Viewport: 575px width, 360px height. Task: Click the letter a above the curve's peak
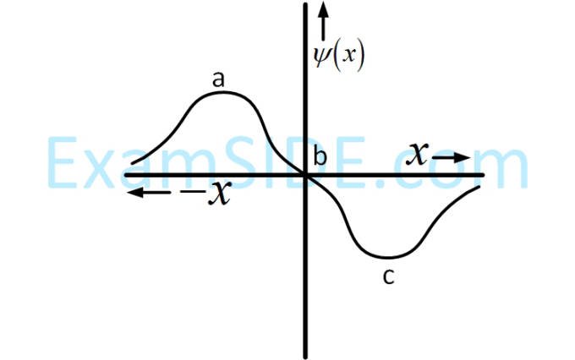click(218, 79)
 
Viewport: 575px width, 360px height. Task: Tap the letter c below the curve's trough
click(389, 276)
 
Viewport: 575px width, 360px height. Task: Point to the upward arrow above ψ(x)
click(323, 21)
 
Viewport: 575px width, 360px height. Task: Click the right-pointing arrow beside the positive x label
click(451, 158)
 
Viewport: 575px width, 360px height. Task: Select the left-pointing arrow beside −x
click(149, 192)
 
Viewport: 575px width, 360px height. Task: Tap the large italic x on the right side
click(418, 154)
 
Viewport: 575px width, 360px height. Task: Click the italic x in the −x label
click(220, 193)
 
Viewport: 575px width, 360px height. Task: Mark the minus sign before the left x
click(193, 191)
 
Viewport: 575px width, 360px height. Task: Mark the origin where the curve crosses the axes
click(305, 175)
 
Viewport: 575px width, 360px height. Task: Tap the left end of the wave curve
click(133, 163)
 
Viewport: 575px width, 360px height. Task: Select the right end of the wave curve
click(479, 188)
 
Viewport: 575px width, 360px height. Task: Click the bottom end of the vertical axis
click(305, 357)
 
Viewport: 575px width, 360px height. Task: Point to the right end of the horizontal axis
click(484, 175)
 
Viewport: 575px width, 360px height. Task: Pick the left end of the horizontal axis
click(126, 175)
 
